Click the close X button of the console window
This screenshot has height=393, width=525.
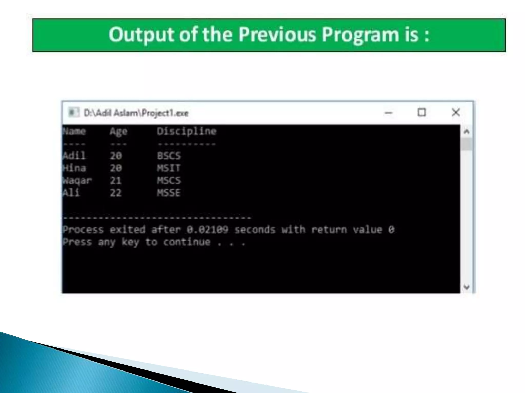click(x=456, y=112)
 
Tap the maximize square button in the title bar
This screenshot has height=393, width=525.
click(x=422, y=112)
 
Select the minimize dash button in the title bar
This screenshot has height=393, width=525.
click(x=388, y=113)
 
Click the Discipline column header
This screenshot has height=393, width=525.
click(x=187, y=131)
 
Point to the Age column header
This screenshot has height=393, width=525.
click(x=118, y=132)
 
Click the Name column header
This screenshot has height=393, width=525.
click(x=74, y=131)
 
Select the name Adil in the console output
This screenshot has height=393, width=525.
click(x=74, y=156)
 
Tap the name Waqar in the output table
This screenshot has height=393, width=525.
click(x=77, y=180)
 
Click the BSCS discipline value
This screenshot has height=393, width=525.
click(x=169, y=156)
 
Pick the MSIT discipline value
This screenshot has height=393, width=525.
click(x=169, y=168)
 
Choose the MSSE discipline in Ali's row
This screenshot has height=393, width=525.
click(x=169, y=193)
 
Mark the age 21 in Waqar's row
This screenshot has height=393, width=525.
click(x=116, y=180)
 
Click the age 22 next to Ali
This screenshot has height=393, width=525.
click(x=116, y=193)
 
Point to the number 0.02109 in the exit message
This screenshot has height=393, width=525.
click(x=207, y=230)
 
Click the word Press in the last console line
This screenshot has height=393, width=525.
click(x=77, y=242)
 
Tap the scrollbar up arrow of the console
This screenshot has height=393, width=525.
click(x=467, y=132)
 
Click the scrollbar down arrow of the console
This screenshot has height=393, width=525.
click(x=467, y=287)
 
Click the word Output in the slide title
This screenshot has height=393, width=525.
click(x=142, y=35)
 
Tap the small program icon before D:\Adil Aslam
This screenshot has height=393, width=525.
click(x=73, y=112)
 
